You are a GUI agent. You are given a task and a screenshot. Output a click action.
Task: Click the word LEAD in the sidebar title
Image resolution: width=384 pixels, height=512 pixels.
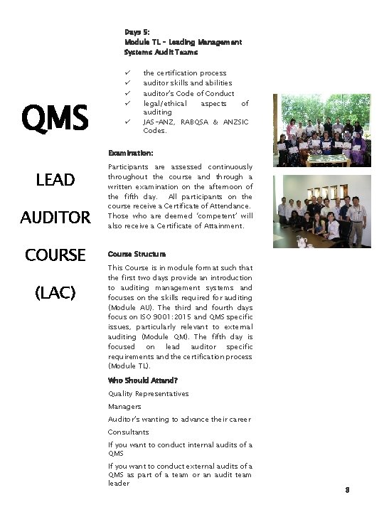pos(55,181)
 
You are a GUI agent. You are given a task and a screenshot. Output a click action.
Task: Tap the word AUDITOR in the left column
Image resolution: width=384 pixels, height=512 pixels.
pos(55,218)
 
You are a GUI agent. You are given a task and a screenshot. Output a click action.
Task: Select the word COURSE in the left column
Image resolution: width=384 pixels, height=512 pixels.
pos(55,255)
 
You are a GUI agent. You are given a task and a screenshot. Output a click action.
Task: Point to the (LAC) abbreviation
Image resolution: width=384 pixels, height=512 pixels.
pos(55,292)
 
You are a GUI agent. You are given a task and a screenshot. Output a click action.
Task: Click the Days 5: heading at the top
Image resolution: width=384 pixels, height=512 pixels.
pos(137,33)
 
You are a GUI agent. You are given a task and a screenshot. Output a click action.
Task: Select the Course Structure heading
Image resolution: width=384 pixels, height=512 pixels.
pos(137,254)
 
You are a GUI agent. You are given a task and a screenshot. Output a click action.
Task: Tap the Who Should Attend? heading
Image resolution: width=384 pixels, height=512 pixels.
pos(143,380)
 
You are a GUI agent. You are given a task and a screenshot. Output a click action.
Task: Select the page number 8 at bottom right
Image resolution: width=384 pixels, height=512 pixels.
pos(346,490)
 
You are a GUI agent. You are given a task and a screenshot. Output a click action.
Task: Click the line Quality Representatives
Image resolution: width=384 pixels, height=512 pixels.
pos(148,393)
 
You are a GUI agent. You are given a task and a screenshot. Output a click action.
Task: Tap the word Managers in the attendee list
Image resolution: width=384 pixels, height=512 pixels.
pos(124,406)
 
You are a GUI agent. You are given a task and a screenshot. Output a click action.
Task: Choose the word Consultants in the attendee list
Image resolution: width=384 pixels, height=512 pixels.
pos(129,432)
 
